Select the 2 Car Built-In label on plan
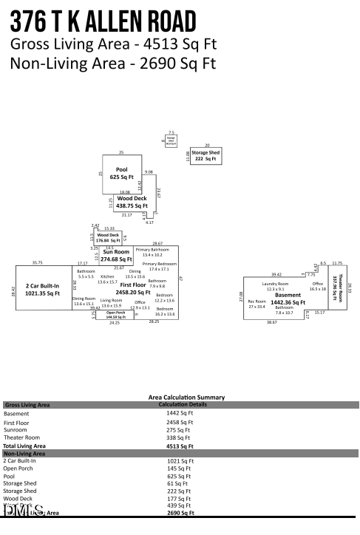(43, 289)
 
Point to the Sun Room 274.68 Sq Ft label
(115, 256)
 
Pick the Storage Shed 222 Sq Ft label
(205, 156)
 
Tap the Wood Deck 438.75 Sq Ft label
(132, 202)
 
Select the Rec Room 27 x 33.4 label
(257, 303)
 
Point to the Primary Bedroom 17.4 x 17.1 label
(159, 266)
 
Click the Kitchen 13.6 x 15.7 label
(107, 279)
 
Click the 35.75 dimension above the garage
(37, 262)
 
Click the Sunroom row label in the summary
(16, 429)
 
